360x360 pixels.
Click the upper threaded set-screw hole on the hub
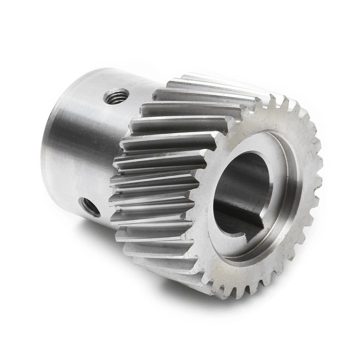tap(116, 96)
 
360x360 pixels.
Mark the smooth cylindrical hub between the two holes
tap(83, 151)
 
